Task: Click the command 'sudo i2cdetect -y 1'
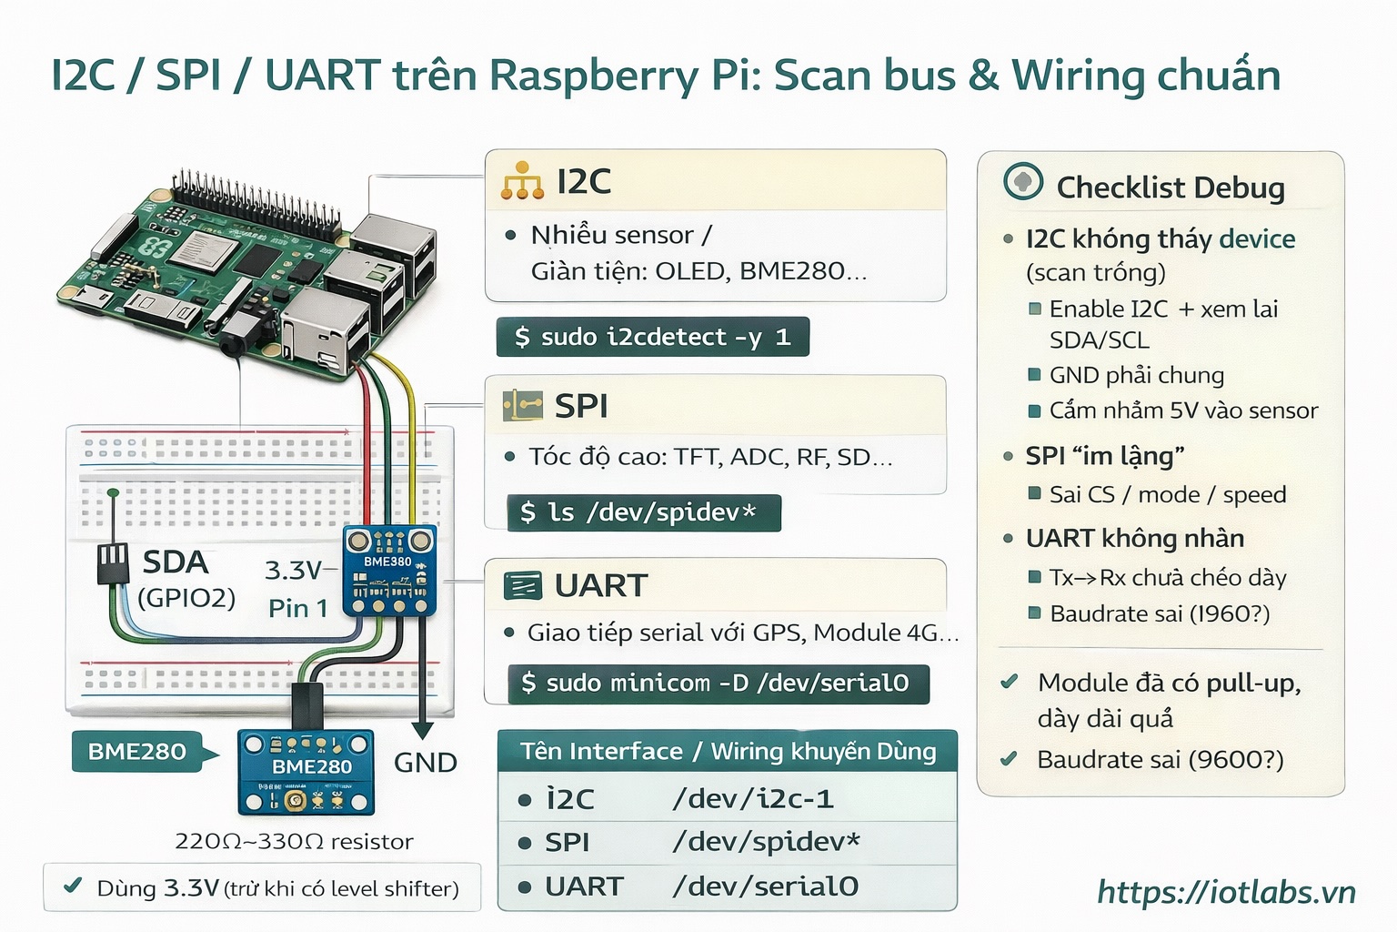[x=652, y=338]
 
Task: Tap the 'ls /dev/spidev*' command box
[x=644, y=513]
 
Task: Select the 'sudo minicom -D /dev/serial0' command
[x=719, y=684]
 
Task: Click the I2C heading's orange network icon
[x=522, y=181]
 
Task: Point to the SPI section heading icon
[x=522, y=405]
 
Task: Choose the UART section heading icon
[x=522, y=585]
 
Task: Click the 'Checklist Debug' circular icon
[x=1023, y=182]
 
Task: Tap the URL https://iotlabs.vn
[x=1226, y=892]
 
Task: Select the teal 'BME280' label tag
[x=137, y=752]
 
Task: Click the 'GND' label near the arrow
[x=425, y=763]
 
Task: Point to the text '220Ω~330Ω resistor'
[x=294, y=842]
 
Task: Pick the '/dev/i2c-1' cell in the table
[x=752, y=799]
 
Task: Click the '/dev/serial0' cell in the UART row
[x=764, y=886]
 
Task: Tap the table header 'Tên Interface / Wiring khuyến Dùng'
[x=728, y=752]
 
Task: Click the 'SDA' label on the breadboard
[x=176, y=562]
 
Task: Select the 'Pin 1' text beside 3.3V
[x=297, y=608]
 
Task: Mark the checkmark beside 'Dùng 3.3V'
[x=74, y=886]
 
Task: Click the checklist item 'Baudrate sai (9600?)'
[x=1160, y=760]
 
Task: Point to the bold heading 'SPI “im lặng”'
[x=1104, y=456]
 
